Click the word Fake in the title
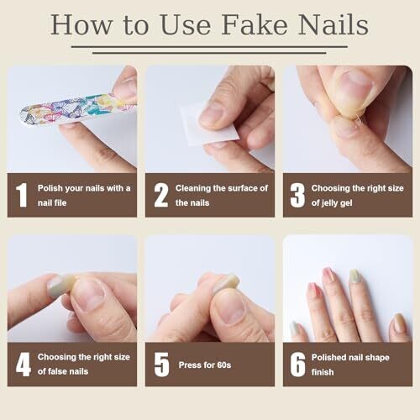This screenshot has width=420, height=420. pos(255,25)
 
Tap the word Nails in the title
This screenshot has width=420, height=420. pos(333,25)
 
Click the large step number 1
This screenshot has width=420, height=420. pos(22,195)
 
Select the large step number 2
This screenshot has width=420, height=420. pos(161,195)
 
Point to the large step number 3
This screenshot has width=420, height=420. pos(297,195)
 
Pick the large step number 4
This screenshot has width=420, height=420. pos(24,365)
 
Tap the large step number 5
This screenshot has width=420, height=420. pos(161,365)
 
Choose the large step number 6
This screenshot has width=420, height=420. pos(297,365)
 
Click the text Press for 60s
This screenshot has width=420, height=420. pos(205,365)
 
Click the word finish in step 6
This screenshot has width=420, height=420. pos(323,372)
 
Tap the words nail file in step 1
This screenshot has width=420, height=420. pos(52,202)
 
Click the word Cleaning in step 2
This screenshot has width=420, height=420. pos(193,188)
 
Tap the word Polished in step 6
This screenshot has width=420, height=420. pos(329,357)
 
